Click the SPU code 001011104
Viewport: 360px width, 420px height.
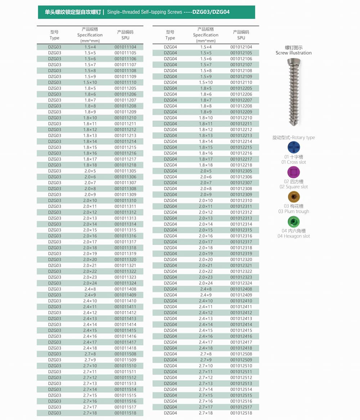tap(125, 47)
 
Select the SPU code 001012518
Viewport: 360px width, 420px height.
tap(241, 413)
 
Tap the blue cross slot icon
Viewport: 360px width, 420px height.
tap(294, 147)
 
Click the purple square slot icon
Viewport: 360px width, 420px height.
tap(294, 172)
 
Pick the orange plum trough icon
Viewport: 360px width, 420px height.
tap(294, 197)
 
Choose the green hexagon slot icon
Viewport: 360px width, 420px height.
tap(294, 221)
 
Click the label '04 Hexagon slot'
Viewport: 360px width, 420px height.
tap(294, 236)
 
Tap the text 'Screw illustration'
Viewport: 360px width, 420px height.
tap(294, 53)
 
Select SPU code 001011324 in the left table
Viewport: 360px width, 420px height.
tap(125, 283)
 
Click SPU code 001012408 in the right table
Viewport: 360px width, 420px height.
tap(241, 289)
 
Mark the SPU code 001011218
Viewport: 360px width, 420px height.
tap(125, 165)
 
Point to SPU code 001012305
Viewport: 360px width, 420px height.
tap(241, 171)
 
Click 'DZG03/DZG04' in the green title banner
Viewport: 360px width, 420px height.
tap(211, 12)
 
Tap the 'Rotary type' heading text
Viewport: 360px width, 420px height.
tap(303, 137)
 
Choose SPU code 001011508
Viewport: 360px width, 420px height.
tap(125, 354)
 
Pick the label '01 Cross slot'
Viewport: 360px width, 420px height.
tap(294, 162)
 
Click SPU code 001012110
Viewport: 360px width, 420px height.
tap(241, 82)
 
